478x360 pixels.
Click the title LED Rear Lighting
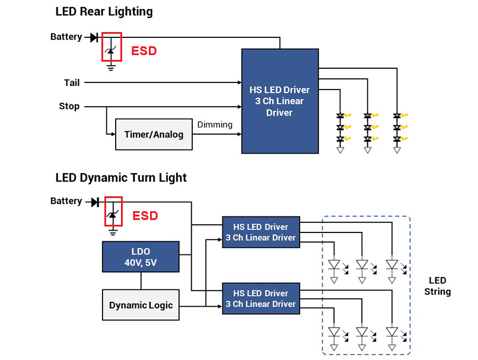pos(104,11)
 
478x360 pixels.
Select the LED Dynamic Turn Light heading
pos(121,177)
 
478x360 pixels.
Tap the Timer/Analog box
pos(154,134)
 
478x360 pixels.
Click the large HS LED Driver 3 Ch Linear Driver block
pos(279,101)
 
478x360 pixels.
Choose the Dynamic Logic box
pos(141,305)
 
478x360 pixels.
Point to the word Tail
pos(72,83)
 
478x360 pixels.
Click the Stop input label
pos(69,107)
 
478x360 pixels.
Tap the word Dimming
pos(215,125)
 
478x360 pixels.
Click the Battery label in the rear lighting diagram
pos(66,37)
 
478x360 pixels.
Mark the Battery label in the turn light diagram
pos(66,201)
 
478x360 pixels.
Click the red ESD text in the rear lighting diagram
pos(144,51)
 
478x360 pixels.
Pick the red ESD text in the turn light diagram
pos(145,216)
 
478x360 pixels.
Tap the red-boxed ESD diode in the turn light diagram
pos(112,212)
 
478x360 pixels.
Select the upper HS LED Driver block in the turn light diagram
pos(260,232)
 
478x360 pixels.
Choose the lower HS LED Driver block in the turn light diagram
pos(260,298)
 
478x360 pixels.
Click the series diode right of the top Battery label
pos(94,37)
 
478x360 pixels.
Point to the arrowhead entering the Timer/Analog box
pos(113,134)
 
